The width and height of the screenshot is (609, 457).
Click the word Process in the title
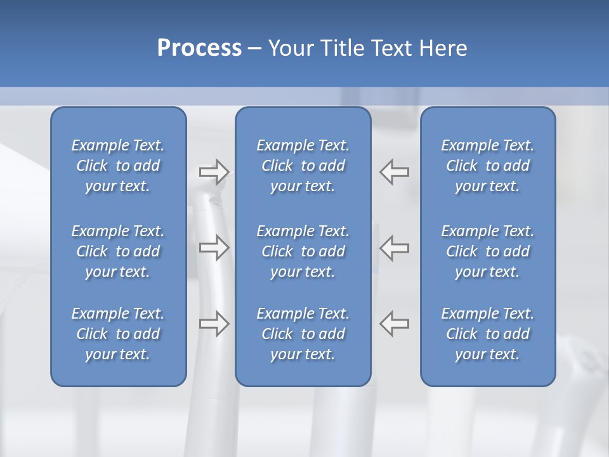(199, 48)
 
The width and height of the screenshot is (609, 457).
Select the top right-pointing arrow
(214, 172)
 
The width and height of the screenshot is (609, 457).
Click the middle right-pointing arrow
(214, 247)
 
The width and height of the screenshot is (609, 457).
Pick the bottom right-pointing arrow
(214, 324)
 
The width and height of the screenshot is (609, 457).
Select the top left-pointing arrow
(395, 172)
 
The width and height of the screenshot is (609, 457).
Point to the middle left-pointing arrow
(395, 247)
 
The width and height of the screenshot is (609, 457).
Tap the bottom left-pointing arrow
(395, 324)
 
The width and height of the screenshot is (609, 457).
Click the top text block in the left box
(118, 166)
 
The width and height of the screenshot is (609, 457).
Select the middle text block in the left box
(118, 251)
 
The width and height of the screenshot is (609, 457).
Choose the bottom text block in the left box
(118, 334)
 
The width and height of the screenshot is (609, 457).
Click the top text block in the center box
(303, 166)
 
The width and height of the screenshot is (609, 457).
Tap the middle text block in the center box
(303, 251)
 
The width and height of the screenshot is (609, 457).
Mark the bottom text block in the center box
(303, 334)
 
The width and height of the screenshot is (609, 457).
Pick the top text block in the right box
(487, 166)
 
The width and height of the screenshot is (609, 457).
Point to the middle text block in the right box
(487, 251)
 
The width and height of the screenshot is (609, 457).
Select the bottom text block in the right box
(487, 334)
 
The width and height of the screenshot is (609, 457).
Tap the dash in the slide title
(254, 49)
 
